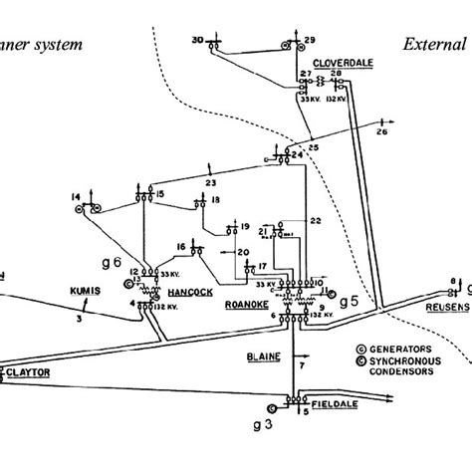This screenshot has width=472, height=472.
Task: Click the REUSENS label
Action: click(444, 307)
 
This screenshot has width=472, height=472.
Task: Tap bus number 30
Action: click(197, 39)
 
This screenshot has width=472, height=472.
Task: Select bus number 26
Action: click(381, 130)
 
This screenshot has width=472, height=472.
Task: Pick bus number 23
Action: click(211, 182)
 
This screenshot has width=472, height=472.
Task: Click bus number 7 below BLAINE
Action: click(300, 368)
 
